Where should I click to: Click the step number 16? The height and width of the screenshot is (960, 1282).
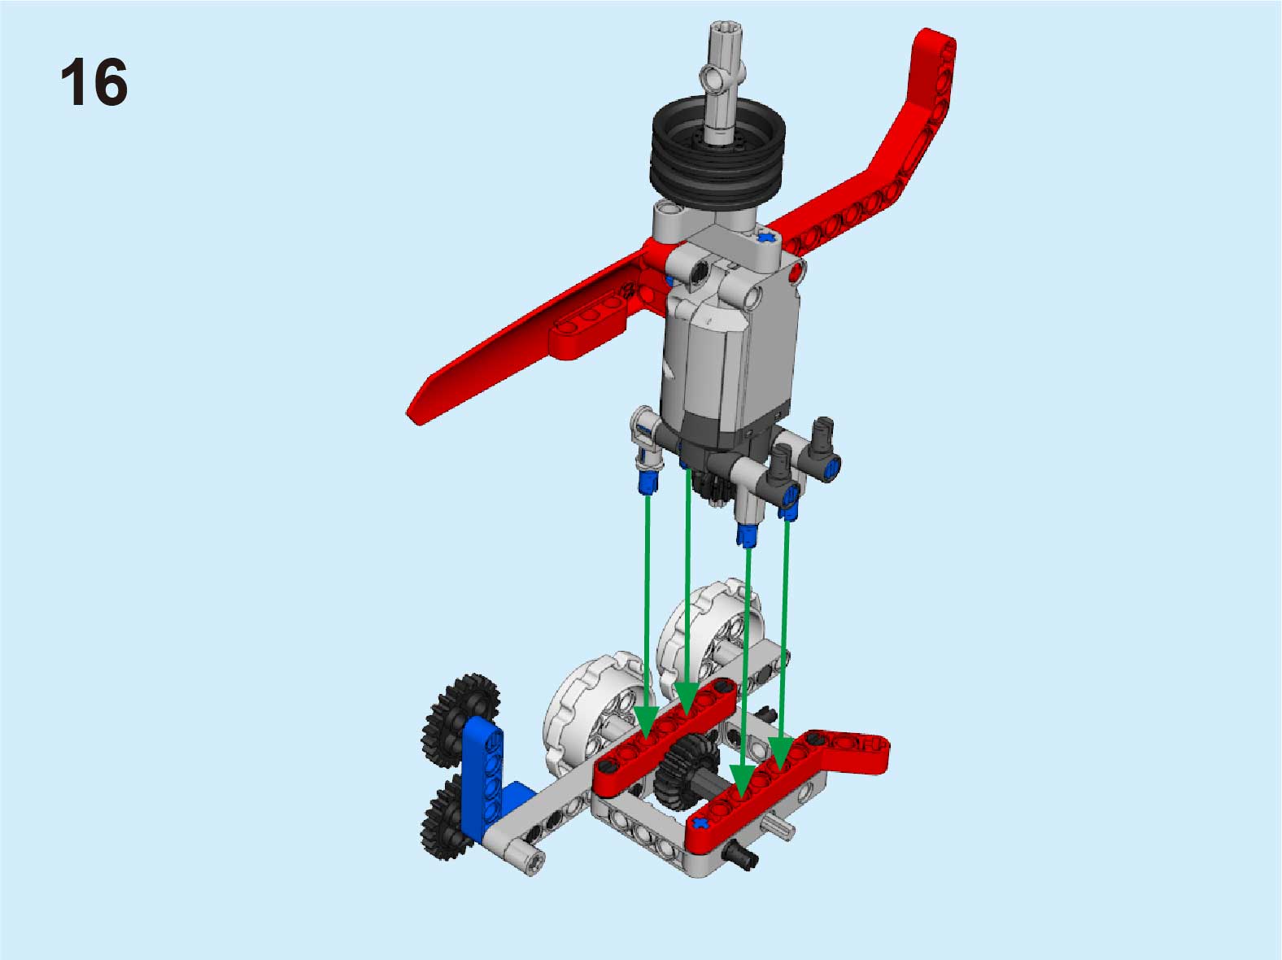click(94, 81)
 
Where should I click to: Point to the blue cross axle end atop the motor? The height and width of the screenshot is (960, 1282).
click(769, 238)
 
